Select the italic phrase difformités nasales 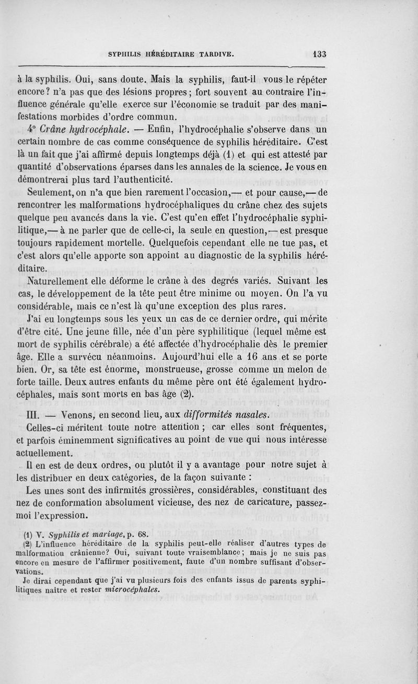pyautogui.click(x=224, y=415)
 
